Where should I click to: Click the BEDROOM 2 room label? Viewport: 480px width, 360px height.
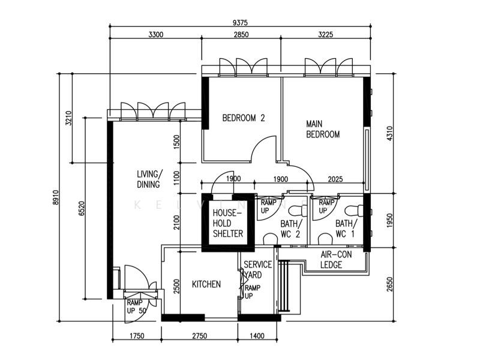coord(243,118)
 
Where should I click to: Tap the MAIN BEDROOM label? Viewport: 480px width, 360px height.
coord(322,129)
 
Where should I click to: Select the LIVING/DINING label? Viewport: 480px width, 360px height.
coord(149,179)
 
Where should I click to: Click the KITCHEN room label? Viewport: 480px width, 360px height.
coord(206,284)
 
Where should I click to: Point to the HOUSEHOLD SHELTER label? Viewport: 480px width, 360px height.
coord(227,223)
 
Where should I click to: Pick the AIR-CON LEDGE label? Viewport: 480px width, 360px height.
coord(335,259)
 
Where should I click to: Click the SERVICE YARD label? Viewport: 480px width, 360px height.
coord(257,269)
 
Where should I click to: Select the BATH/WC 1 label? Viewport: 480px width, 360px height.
coord(345,229)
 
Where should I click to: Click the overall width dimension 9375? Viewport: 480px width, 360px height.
coord(239,22)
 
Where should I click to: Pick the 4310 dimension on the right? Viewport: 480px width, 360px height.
coord(390,133)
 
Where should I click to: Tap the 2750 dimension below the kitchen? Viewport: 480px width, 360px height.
coord(199,336)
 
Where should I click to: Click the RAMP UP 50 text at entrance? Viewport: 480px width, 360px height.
coord(135,307)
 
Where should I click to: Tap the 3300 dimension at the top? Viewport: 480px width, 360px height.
coord(155,35)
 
